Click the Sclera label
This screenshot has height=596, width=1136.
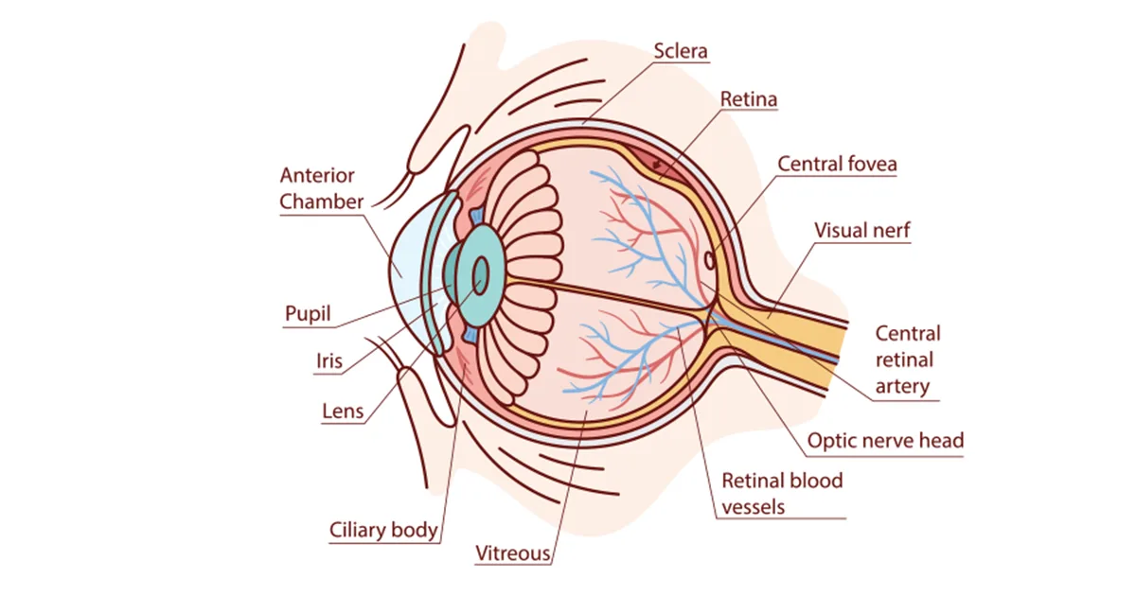tap(681, 50)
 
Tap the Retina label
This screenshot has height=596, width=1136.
tap(749, 99)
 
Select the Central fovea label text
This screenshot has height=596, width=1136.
tap(837, 164)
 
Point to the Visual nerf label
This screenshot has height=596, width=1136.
tap(861, 230)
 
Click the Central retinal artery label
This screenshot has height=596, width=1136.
tap(907, 359)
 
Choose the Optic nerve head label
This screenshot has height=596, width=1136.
tap(885, 440)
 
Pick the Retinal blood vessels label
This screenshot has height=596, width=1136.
tap(782, 493)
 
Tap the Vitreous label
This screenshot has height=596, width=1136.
tap(512, 552)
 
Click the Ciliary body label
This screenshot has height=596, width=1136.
tap(383, 530)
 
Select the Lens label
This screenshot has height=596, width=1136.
tap(343, 412)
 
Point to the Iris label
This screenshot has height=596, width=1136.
tap(329, 360)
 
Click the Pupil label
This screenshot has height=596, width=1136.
tap(309, 313)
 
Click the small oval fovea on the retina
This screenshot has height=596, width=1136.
tap(708, 258)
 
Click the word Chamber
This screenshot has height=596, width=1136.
tap(322, 202)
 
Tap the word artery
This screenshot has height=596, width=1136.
tap(902, 386)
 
